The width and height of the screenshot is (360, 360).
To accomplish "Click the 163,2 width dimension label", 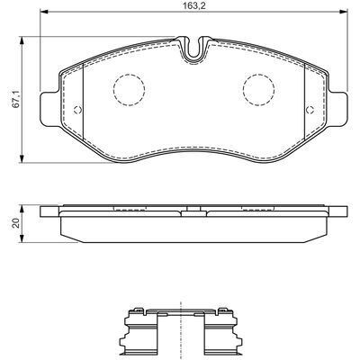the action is click(193, 6).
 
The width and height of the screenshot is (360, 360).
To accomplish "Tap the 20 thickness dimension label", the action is click(16, 223).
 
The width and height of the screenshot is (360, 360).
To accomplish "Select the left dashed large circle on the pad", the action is click(129, 89).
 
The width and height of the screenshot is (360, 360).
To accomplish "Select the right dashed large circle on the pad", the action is click(259, 89).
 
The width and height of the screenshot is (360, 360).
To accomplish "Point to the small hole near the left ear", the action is click(77, 110).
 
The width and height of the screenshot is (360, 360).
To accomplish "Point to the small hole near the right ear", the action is click(310, 110).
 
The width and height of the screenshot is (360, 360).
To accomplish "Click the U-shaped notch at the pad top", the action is click(193, 51).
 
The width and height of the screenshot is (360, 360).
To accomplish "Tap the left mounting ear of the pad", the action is click(50, 109).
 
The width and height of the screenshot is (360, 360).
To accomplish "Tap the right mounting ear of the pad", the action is click(337, 109).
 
